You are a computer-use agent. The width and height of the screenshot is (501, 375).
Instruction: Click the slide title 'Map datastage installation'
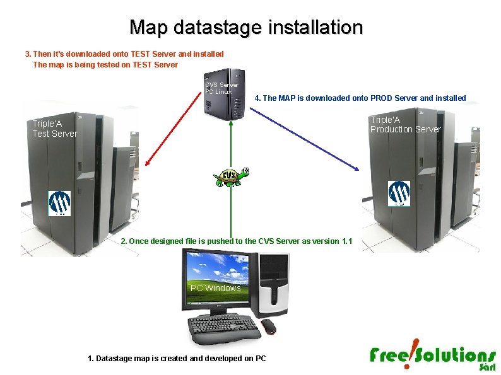tap(246, 28)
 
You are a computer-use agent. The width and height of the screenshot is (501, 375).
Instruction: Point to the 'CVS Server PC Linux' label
tap(221, 88)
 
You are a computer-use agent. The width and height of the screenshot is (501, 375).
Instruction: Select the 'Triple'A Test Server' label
tap(55, 129)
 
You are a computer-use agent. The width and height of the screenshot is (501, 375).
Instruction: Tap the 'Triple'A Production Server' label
tap(405, 124)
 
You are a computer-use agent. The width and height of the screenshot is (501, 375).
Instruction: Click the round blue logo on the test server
tap(60, 202)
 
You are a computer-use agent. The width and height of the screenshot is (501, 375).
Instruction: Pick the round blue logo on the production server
tap(399, 193)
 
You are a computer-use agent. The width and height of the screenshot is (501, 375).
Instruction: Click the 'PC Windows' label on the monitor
tap(215, 288)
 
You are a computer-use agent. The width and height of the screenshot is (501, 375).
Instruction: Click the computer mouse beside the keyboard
tap(269, 326)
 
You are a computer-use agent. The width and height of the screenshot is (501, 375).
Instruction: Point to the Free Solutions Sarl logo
tap(433, 357)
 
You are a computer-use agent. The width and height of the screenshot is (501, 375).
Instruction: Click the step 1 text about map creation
tap(177, 359)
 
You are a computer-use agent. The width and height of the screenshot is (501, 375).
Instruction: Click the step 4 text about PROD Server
tap(360, 98)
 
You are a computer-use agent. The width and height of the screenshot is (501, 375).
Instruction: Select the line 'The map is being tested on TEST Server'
tap(105, 64)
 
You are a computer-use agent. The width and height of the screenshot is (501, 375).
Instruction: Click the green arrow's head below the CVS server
tap(232, 124)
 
